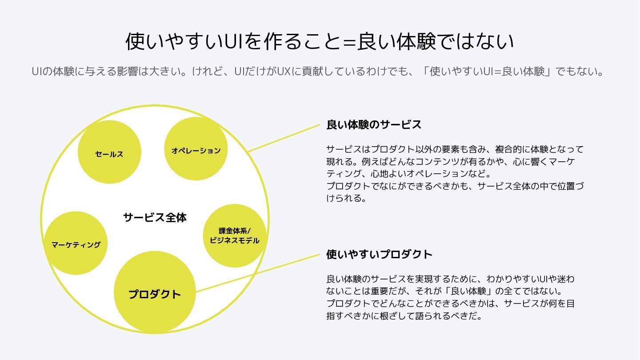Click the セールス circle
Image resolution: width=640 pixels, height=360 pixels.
pos(109,152)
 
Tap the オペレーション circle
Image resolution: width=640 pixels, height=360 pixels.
pos(196,149)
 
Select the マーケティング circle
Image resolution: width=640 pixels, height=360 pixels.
pos(76,243)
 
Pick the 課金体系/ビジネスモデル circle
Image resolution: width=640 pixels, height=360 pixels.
pos(235,236)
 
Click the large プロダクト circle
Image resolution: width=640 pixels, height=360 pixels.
pos(155,292)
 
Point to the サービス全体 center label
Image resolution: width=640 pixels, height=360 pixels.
pos(155,218)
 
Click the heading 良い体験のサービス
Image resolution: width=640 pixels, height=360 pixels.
pos(374,124)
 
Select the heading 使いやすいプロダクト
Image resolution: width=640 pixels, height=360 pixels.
pos(379,254)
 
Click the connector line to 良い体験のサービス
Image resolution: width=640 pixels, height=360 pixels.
pos(284,138)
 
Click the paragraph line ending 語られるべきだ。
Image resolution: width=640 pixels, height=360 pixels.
pos(404,316)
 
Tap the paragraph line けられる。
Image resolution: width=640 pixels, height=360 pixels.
pos(347,199)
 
